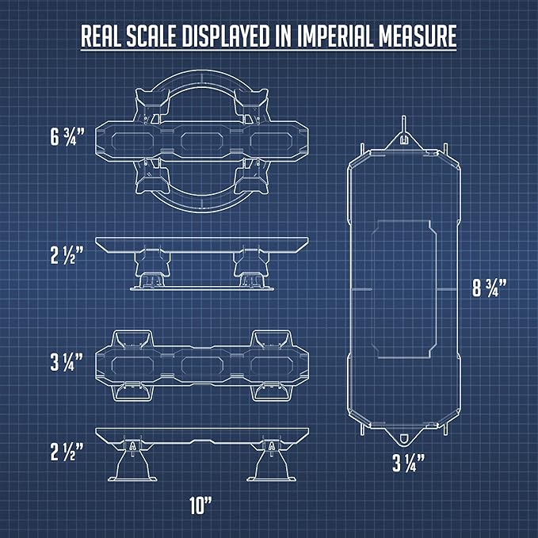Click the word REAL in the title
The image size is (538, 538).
point(101,36)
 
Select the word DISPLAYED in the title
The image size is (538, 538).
point(226,36)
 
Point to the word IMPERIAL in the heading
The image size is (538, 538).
point(335,36)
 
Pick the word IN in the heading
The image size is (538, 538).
point(284,36)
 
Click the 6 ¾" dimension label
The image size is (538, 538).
point(67,136)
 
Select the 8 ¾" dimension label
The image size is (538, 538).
point(490,288)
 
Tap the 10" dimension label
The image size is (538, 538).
point(200,506)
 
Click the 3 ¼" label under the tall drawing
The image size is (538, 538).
point(408,463)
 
